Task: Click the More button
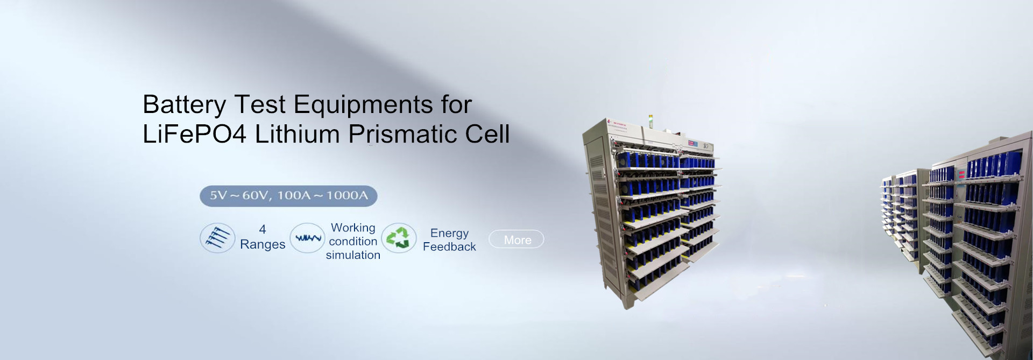[516, 239]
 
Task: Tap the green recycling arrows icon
[399, 238]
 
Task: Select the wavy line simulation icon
[308, 238]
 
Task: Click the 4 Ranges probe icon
[217, 238]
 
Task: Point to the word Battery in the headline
[184, 105]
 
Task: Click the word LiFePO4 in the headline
[194, 134]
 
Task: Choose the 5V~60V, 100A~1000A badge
[288, 196]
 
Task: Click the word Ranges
[263, 245]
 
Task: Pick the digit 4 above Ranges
[263, 229]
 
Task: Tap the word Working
[353, 228]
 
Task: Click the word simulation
[353, 255]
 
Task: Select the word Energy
[449, 234]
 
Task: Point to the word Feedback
[449, 246]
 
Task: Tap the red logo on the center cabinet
[610, 122]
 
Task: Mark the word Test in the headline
[259, 104]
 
